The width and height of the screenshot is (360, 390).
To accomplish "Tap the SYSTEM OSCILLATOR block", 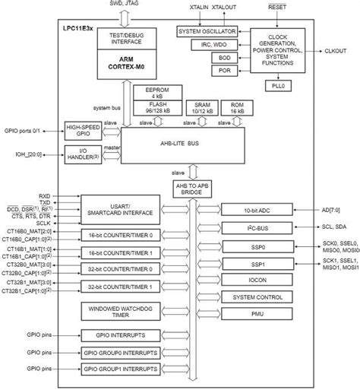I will [207, 32].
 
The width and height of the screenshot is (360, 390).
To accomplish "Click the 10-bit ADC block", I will [257, 209].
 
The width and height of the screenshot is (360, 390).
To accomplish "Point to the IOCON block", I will [257, 281].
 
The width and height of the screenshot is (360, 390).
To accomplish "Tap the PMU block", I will [257, 313].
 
